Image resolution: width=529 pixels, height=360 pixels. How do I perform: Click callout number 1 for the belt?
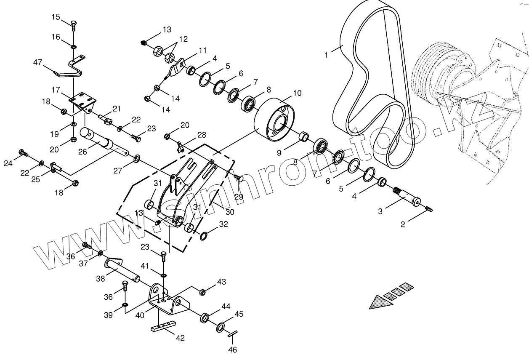[326, 54]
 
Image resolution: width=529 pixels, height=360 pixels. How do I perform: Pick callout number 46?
[232, 349]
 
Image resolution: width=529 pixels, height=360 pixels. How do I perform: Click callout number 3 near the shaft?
[380, 211]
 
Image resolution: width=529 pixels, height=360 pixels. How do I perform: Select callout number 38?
[101, 278]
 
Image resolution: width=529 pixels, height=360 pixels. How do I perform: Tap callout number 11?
[203, 51]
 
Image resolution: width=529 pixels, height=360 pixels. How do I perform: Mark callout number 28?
[202, 135]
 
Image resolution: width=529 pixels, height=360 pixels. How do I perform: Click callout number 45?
[239, 314]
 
